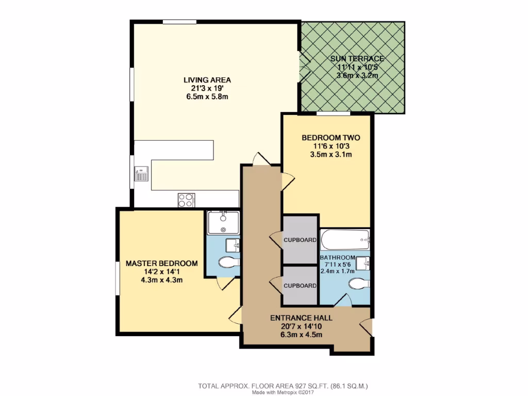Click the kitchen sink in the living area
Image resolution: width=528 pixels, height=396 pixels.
point(141,174)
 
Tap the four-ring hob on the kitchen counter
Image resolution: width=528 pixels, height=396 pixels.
point(186,200)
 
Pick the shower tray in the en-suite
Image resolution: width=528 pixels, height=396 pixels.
point(223,223)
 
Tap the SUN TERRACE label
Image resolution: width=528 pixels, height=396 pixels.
point(357,59)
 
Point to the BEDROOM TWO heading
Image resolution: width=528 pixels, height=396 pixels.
point(331,138)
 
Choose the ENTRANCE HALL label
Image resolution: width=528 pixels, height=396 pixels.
point(301,318)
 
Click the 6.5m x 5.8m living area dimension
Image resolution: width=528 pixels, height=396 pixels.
point(207,96)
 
